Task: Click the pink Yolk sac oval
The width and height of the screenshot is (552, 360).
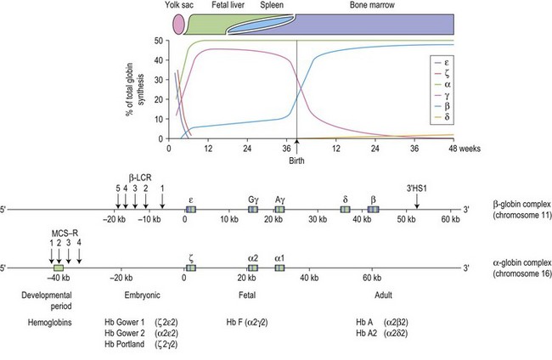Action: [178, 24]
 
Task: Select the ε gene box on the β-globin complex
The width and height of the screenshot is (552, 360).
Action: [190, 209]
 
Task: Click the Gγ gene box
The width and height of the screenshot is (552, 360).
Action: [253, 209]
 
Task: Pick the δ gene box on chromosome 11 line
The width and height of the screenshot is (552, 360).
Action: [346, 209]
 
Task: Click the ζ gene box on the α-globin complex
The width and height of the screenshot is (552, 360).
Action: [190, 268]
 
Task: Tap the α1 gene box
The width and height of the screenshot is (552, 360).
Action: [279, 268]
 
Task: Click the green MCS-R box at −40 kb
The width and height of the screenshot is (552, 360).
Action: [59, 268]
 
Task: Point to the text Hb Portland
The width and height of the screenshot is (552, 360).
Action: [138, 346]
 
